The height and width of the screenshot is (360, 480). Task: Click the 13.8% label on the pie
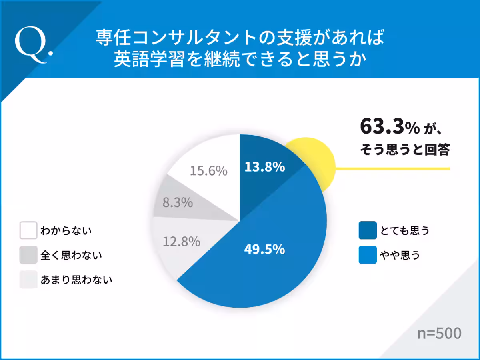(x=264, y=167)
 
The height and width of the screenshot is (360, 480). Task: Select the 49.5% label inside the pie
(x=264, y=250)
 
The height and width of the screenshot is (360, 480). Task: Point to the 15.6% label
(x=208, y=171)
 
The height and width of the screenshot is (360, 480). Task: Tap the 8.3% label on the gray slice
(x=178, y=202)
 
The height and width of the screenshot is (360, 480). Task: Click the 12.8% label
(x=181, y=242)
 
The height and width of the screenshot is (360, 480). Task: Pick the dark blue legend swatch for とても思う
(x=368, y=230)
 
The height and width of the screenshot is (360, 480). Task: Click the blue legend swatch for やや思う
(x=368, y=255)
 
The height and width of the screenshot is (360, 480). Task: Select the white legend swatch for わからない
(x=28, y=231)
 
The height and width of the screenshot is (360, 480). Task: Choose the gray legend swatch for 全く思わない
(x=28, y=255)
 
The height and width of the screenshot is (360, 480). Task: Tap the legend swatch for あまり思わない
(x=28, y=280)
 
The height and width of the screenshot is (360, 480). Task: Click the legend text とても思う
(x=404, y=231)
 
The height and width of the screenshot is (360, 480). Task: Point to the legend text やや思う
(x=400, y=255)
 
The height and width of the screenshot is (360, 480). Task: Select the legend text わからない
(x=66, y=231)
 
